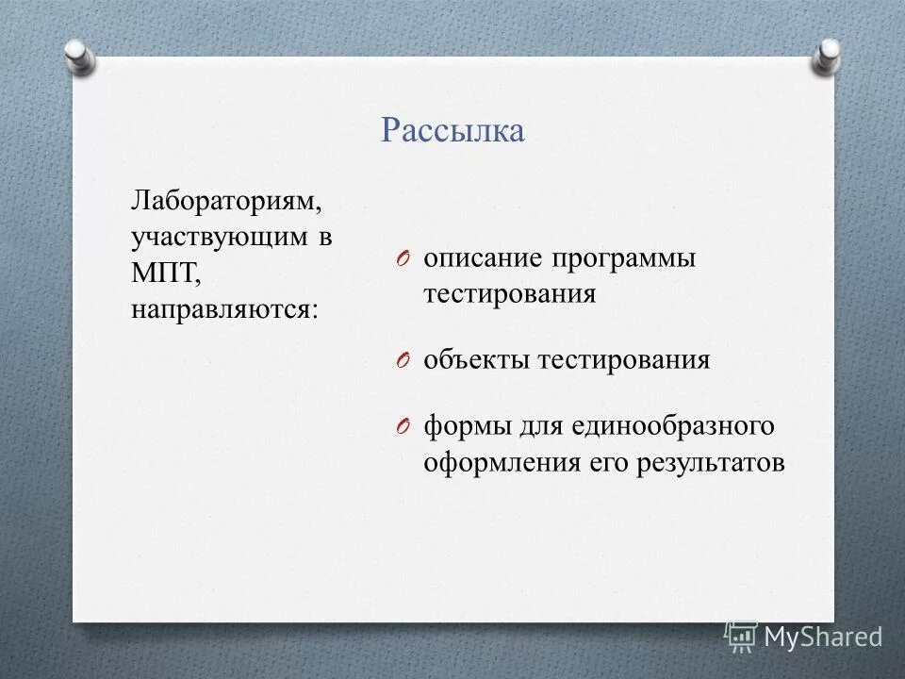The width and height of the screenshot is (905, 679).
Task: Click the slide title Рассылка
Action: [x=452, y=130]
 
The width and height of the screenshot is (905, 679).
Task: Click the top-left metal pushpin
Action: [x=80, y=57]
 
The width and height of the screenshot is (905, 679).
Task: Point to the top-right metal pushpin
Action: [x=826, y=57]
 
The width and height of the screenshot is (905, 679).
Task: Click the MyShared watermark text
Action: [x=823, y=637]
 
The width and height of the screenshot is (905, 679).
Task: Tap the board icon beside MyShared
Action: [x=741, y=637]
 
